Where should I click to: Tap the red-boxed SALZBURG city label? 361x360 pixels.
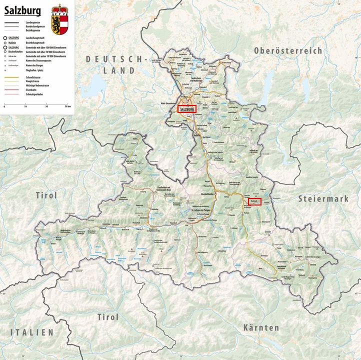pyautogui.click(x=186, y=108)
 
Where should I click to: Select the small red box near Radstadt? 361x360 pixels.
pyautogui.click(x=254, y=201)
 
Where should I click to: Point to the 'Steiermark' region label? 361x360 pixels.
pyautogui.click(x=323, y=198)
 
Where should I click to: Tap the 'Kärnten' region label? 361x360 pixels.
pyautogui.click(x=261, y=328)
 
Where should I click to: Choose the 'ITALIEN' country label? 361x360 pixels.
pyautogui.click(x=31, y=332)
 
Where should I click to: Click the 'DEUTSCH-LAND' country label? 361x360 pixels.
pyautogui.click(x=117, y=64)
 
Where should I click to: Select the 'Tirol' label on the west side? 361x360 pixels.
pyautogui.click(x=46, y=195)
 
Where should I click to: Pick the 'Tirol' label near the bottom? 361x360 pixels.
pyautogui.click(x=107, y=317)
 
